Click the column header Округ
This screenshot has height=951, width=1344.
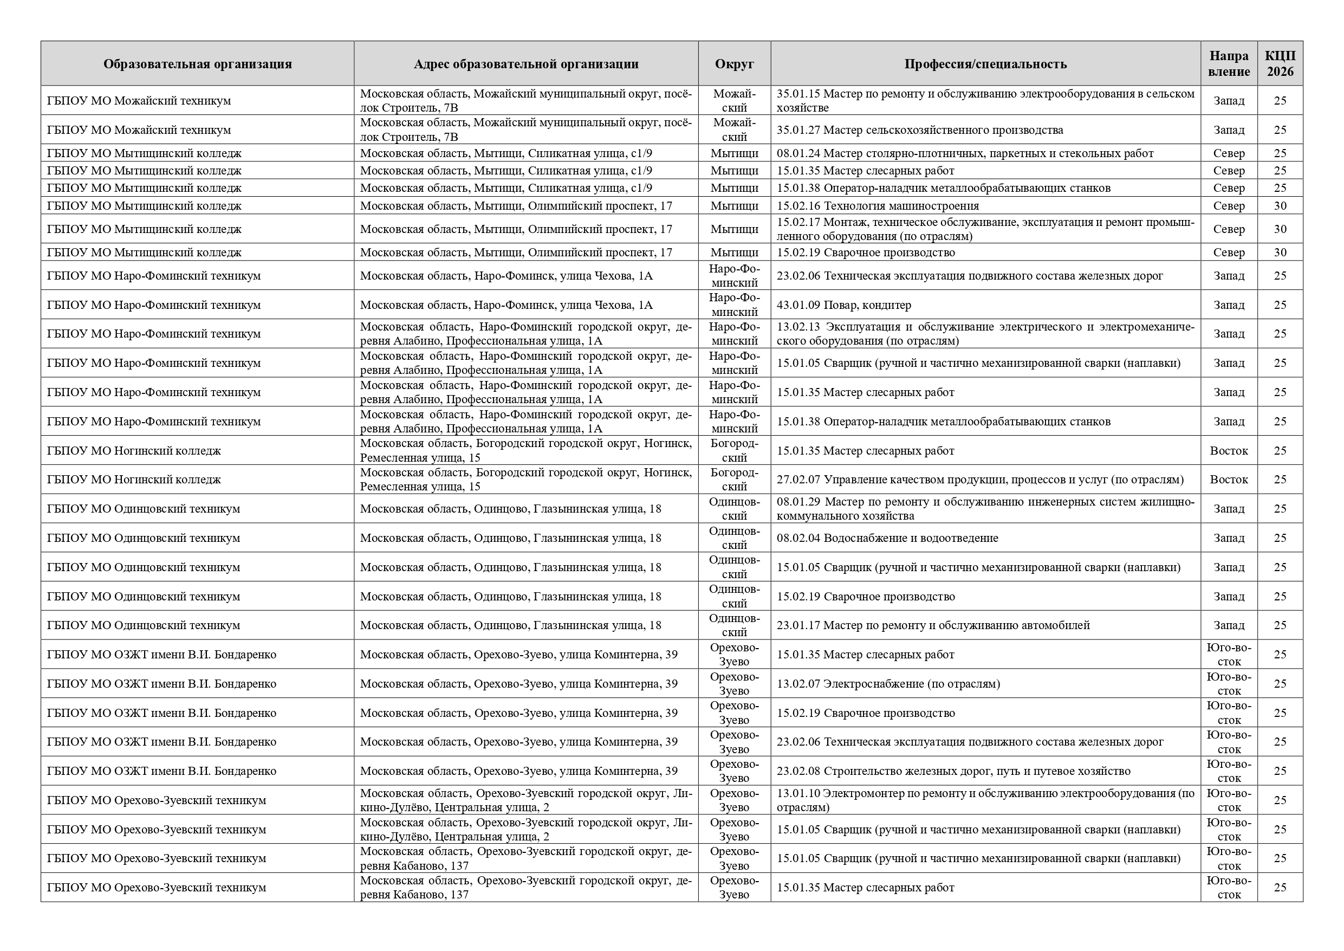coord(734,64)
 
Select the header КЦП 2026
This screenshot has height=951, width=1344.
coord(1280,64)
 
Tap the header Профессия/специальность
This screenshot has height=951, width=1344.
coord(985,64)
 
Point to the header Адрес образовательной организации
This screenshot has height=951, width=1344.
coord(525,64)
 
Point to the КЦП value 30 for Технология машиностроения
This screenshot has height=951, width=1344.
coord(1280,205)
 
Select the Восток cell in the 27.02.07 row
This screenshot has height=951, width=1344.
coord(1229,480)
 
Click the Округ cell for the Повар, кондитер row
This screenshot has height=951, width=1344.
coord(734,305)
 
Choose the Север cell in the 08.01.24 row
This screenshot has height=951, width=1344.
coord(1229,153)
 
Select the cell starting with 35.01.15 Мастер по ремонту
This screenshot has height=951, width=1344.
coord(985,101)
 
